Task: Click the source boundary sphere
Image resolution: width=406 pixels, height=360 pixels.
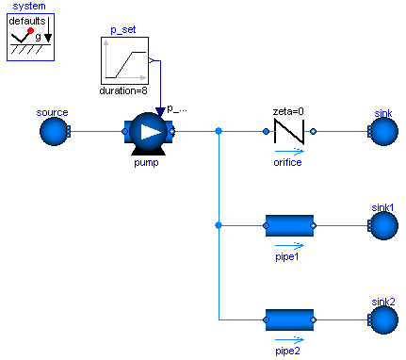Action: [x=54, y=133]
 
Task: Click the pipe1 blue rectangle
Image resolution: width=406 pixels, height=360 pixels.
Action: [x=289, y=226]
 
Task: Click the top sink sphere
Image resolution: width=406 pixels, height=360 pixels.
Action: [x=382, y=133]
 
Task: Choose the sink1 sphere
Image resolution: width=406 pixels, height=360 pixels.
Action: [x=382, y=226]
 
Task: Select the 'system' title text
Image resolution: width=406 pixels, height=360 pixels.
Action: [x=29, y=7]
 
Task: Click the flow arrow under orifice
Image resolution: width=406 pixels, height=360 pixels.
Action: [x=289, y=151]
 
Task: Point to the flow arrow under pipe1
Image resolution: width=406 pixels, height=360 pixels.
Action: [x=289, y=245]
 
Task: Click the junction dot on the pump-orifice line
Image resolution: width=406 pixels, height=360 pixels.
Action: [x=219, y=132]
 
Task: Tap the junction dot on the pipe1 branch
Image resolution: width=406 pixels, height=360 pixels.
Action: [x=219, y=226]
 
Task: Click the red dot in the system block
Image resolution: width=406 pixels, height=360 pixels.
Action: [x=30, y=31]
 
